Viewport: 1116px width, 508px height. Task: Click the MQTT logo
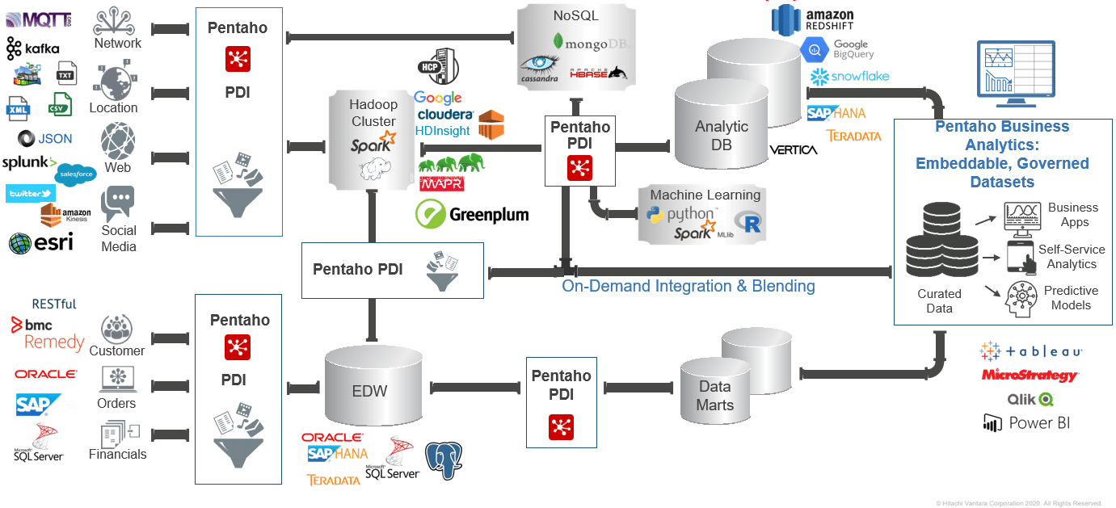38,19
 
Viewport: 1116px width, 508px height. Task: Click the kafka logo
33,48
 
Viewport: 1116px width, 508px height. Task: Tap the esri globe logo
41,242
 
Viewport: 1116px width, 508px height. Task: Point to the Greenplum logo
472,214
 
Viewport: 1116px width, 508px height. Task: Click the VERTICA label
793,149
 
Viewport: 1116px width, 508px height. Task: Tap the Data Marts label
715,396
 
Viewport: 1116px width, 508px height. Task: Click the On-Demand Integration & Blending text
689,286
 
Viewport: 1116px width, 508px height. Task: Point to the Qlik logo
1030,399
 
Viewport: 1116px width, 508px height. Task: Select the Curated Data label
939,300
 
